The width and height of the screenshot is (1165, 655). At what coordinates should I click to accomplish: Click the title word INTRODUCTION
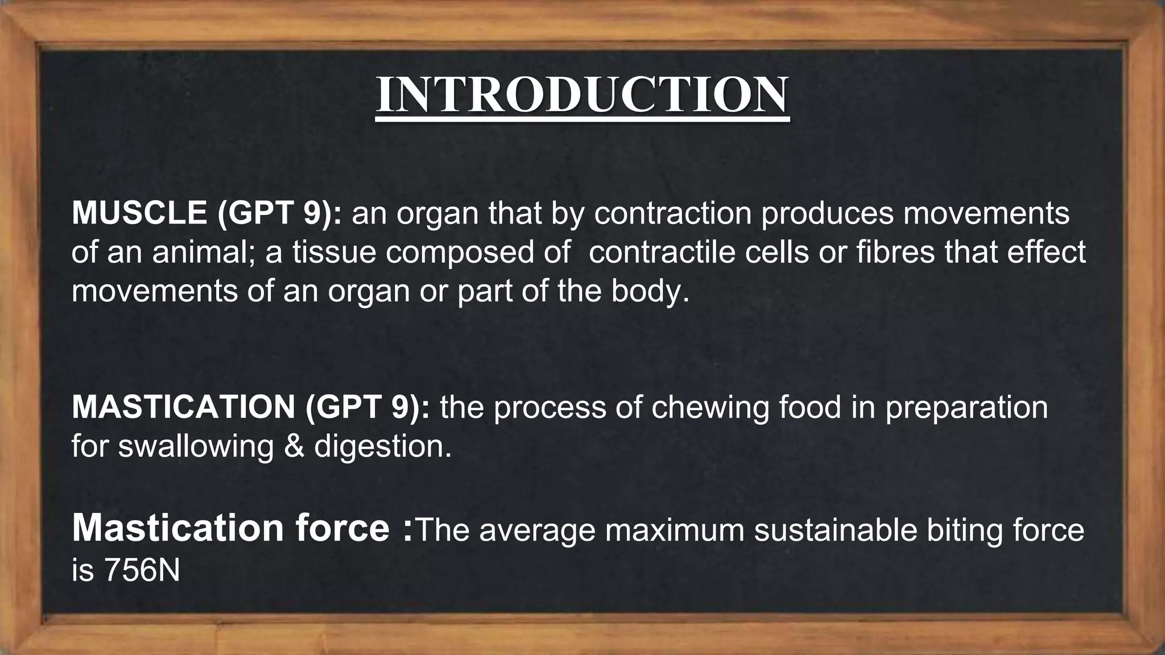[x=582, y=94]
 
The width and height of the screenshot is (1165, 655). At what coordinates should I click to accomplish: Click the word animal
[x=201, y=252]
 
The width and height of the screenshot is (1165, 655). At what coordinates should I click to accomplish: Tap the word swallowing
[x=196, y=446]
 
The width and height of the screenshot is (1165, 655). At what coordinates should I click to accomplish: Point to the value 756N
[x=142, y=570]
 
